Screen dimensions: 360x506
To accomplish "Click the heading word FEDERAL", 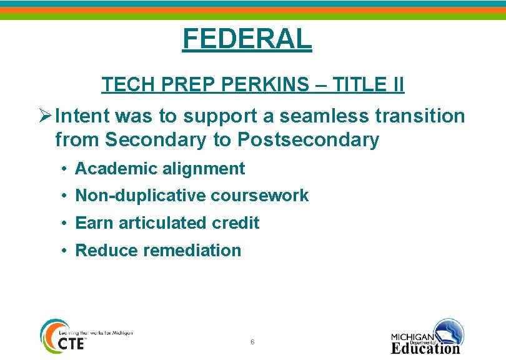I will click(247, 39).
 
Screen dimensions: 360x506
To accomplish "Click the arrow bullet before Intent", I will click(45, 116).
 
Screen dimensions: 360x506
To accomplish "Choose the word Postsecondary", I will click(309, 140).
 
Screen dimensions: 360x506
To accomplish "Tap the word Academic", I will click(112, 169).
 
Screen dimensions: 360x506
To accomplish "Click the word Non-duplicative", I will click(141, 196).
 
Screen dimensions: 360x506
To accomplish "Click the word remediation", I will click(192, 251).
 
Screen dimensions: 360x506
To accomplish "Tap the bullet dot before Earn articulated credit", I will click(64, 223).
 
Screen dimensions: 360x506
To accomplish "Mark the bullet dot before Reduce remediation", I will click(64, 251).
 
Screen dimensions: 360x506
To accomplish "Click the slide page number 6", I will click(252, 342).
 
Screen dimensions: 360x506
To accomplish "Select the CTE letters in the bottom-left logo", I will click(71, 343).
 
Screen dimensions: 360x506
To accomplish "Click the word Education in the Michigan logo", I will click(425, 348).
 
